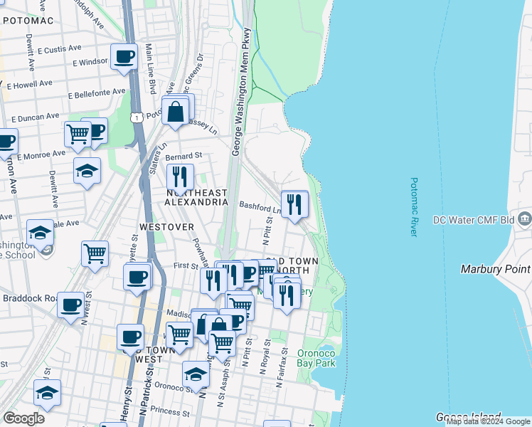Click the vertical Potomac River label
[x=417, y=208]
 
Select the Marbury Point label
[x=495, y=268]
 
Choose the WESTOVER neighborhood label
[x=166, y=227]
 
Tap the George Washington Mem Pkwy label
[x=240, y=93]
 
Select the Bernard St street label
[x=183, y=155]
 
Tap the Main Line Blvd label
[x=151, y=68]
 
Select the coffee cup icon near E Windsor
[x=124, y=56]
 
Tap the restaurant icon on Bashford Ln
[x=294, y=204]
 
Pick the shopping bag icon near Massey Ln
[x=175, y=111]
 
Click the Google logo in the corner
[x=23, y=418]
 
